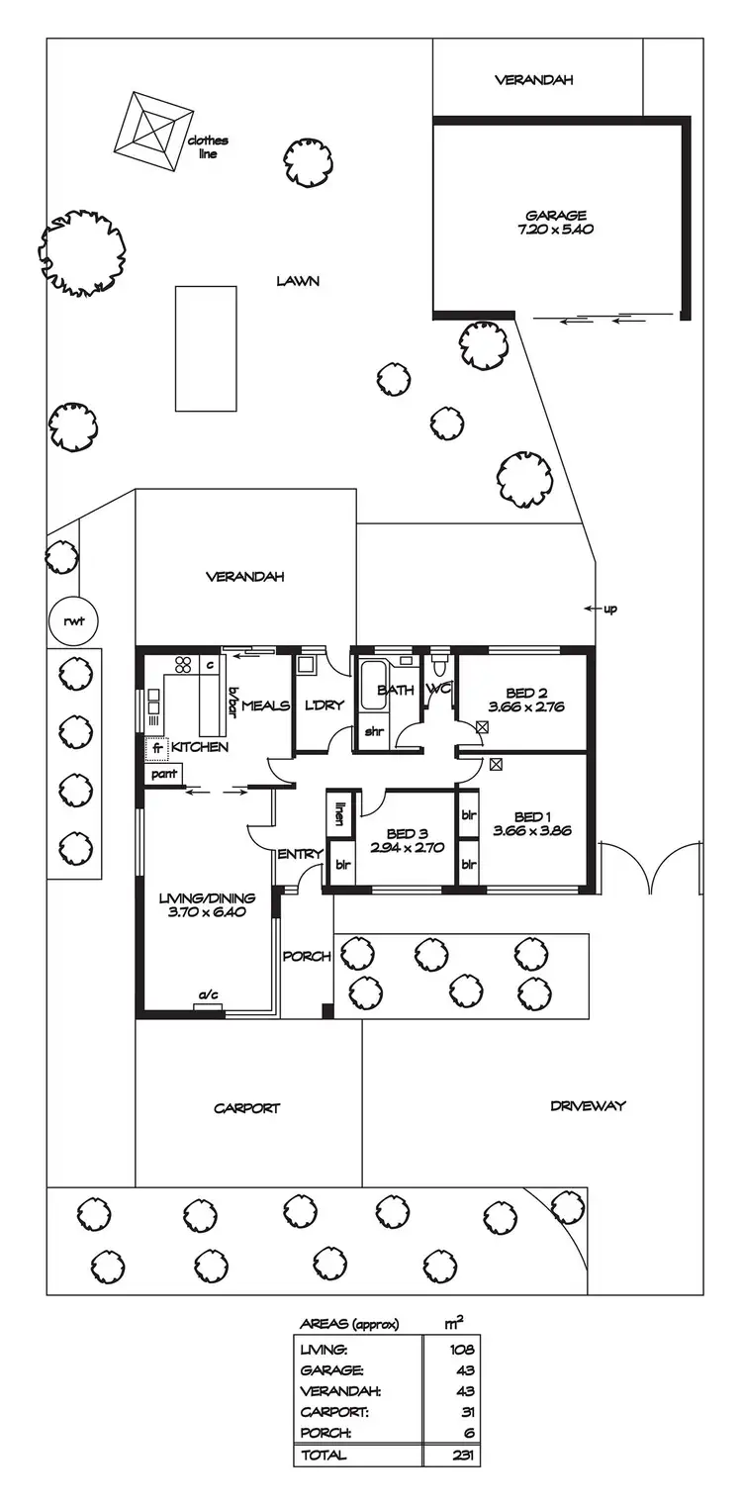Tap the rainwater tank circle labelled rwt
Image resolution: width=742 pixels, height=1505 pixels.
pyautogui.click(x=67, y=621)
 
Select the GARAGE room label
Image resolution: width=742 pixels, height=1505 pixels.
pyautogui.click(x=555, y=215)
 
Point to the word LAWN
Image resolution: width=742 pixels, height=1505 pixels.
pyautogui.click(x=298, y=281)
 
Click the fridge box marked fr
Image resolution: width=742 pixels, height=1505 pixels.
pyautogui.click(x=157, y=748)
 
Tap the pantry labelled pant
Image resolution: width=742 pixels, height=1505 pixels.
pyautogui.click(x=160, y=775)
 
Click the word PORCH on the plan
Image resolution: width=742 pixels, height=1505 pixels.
pyautogui.click(x=307, y=957)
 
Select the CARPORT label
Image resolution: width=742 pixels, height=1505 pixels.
pyautogui.click(x=247, y=1108)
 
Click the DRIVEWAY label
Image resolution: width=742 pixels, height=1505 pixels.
pyautogui.click(x=588, y=1105)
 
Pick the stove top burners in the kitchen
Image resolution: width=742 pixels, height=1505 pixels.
pyautogui.click(x=182, y=665)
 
